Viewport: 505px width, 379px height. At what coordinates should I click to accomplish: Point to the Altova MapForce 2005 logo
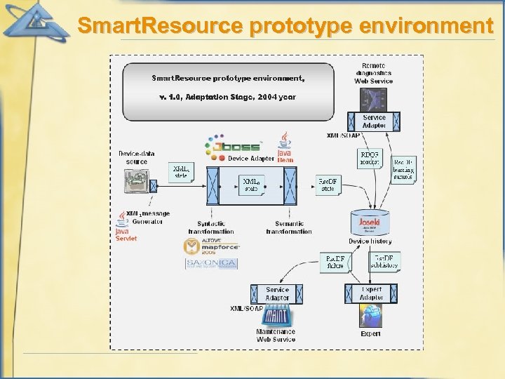(x=211, y=246)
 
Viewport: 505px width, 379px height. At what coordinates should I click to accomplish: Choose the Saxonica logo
(x=211, y=264)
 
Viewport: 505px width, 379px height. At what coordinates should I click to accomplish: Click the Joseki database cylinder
(x=369, y=224)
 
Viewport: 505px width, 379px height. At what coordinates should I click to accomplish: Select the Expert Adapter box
(x=371, y=294)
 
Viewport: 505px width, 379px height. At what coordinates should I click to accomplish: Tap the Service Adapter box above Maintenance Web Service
(x=277, y=294)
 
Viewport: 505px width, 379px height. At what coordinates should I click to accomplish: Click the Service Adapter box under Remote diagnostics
(x=374, y=121)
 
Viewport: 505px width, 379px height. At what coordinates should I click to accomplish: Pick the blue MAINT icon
(x=275, y=318)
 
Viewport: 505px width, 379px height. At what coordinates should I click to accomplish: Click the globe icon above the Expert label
(x=370, y=318)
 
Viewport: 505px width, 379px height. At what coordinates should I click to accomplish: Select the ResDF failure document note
(x=335, y=262)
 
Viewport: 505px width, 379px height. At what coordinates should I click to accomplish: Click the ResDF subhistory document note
(x=384, y=261)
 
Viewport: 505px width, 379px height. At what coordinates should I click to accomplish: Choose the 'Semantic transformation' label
(x=288, y=228)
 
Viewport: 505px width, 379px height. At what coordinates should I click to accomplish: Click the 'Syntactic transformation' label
(x=210, y=228)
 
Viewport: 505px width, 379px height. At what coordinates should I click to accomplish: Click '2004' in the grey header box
(x=265, y=97)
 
